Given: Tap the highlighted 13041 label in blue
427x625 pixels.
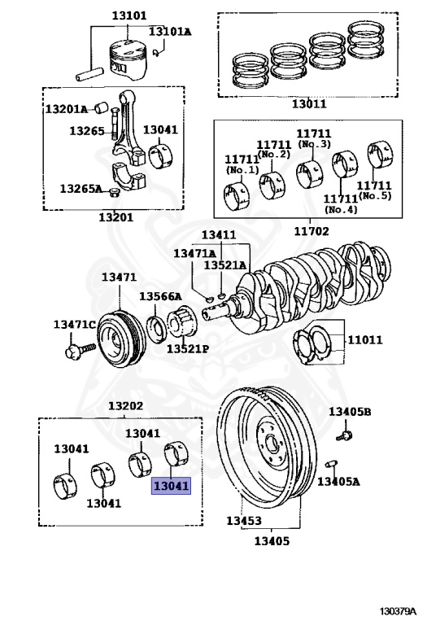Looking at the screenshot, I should [x=171, y=487].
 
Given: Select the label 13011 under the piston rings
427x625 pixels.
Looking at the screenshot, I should [x=309, y=104].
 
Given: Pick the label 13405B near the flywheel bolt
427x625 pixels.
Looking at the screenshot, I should [x=350, y=413].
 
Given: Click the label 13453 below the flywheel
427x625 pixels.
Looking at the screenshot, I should [x=244, y=521].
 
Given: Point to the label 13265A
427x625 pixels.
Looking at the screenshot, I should [x=81, y=188].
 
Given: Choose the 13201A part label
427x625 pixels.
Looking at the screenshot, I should [x=66, y=108].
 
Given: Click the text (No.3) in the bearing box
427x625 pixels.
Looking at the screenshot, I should [x=314, y=144].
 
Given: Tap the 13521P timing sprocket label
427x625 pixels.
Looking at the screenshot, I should [x=189, y=348].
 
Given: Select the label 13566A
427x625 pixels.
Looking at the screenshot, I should [x=160, y=296].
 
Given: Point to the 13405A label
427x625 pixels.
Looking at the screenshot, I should [x=338, y=482].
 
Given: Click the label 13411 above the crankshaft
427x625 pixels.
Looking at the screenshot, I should [x=219, y=235].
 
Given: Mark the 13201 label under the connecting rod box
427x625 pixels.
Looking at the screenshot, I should [x=115, y=217].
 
